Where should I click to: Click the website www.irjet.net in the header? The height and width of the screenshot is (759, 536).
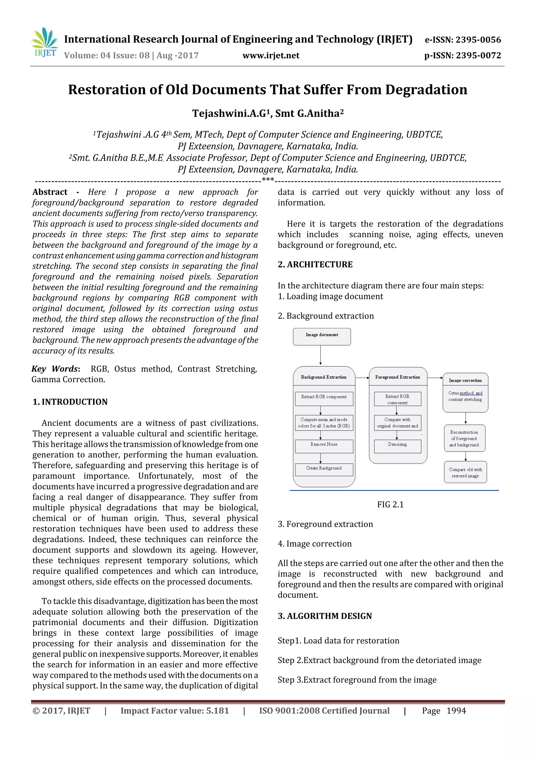271,56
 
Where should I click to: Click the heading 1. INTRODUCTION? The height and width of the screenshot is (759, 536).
70,402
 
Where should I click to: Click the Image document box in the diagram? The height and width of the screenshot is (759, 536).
322,336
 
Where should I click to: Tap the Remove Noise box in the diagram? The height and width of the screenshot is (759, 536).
324,445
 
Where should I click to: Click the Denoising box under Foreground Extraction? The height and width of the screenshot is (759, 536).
397,445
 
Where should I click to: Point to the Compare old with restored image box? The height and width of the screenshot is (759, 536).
465,472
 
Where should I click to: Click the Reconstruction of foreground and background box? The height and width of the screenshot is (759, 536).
464,438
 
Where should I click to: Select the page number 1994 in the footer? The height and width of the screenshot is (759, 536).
456,711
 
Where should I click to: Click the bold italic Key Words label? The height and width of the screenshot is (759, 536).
55,369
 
